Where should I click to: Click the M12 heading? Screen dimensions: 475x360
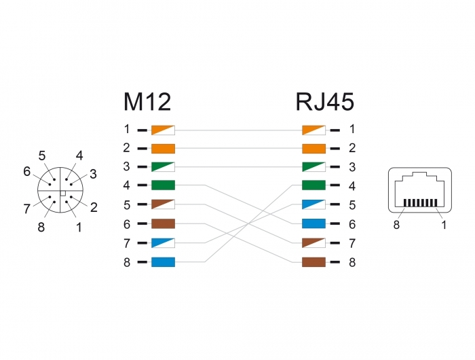(x=147, y=102)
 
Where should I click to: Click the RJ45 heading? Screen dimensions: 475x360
(x=325, y=102)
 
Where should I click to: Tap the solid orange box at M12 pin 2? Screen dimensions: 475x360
(x=163, y=149)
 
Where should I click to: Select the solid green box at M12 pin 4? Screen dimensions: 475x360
(x=163, y=185)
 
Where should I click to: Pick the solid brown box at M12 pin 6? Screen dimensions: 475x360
(x=163, y=223)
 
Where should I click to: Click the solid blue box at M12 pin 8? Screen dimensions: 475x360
(x=163, y=262)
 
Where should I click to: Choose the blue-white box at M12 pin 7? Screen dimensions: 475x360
(x=163, y=243)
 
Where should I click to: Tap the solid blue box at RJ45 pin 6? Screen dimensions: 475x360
(x=313, y=223)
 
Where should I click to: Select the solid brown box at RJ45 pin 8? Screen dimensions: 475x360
(x=313, y=262)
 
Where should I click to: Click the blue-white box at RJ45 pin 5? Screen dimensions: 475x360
(x=313, y=204)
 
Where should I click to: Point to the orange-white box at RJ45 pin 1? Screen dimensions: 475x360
(x=313, y=130)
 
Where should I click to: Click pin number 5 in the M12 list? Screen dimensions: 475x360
(x=127, y=205)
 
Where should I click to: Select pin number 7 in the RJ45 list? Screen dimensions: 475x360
(x=352, y=243)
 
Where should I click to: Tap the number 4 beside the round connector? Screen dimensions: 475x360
(x=79, y=156)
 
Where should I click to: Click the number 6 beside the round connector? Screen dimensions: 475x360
(x=27, y=172)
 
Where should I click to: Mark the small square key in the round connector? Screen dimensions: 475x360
(x=62, y=193)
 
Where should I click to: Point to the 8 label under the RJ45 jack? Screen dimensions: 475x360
(x=396, y=225)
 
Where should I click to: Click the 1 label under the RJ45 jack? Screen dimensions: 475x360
(x=444, y=225)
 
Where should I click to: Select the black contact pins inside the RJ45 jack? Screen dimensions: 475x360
(x=420, y=202)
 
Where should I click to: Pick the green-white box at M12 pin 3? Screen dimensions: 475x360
(x=163, y=167)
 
